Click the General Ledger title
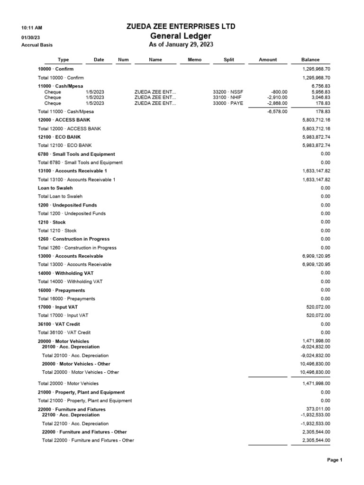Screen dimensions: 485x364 click(181, 36)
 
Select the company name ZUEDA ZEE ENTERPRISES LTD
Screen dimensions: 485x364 click(181, 27)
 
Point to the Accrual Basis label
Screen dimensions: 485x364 click(37, 45)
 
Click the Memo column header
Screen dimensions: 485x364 click(194, 60)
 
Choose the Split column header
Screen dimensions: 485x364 click(229, 60)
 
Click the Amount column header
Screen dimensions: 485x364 click(268, 60)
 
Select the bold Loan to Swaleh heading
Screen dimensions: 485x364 click(55, 188)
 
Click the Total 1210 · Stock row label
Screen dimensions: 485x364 click(57, 231)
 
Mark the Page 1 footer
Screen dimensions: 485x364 click(335, 460)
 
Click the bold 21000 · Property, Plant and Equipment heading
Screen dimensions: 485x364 click(81, 392)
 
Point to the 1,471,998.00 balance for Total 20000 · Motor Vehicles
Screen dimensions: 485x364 click(315, 383)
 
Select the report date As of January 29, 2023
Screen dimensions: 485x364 click(181, 45)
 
